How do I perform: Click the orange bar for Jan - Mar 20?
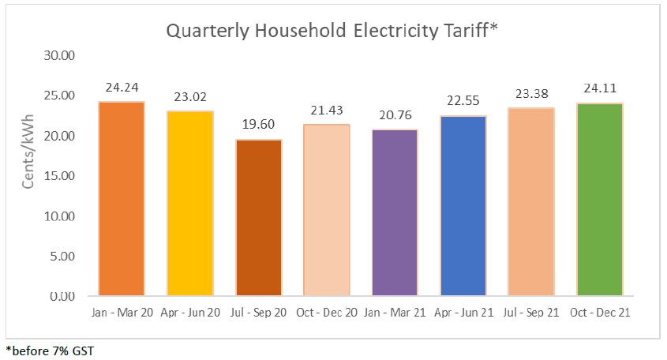point(122,199)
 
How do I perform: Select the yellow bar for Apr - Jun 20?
point(190,204)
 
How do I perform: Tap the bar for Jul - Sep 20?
point(258,218)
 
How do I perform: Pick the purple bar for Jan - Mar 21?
point(395,213)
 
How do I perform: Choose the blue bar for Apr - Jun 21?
point(463,206)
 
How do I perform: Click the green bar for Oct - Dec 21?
point(600,200)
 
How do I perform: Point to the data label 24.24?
point(122,88)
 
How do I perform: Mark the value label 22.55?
point(463,102)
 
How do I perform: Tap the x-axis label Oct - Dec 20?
point(327,313)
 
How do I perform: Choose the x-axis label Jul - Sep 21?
point(531,313)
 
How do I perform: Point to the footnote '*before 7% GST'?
point(49,350)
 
